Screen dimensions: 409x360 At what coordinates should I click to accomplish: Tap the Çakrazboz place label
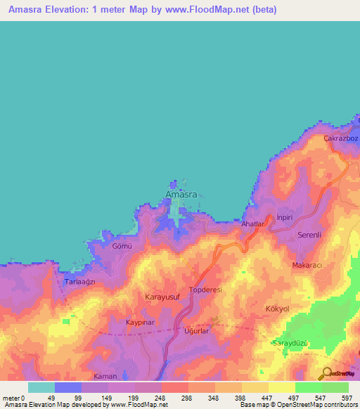(340, 138)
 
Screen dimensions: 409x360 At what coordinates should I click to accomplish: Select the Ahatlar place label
(252, 223)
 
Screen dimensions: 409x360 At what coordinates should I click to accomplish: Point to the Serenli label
(309, 234)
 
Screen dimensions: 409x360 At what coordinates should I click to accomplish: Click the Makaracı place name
(307, 265)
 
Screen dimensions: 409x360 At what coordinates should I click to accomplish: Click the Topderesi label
(206, 290)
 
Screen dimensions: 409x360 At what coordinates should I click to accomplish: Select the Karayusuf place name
(164, 297)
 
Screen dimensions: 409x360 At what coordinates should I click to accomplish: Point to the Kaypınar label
(139, 321)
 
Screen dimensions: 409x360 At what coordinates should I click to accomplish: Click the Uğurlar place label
(197, 330)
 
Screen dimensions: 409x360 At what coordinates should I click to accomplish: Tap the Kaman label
(105, 377)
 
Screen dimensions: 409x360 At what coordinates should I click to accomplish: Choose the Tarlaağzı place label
(79, 281)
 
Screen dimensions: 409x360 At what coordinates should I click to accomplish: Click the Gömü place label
(122, 247)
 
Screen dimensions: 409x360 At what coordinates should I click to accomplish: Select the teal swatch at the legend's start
(41, 387)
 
